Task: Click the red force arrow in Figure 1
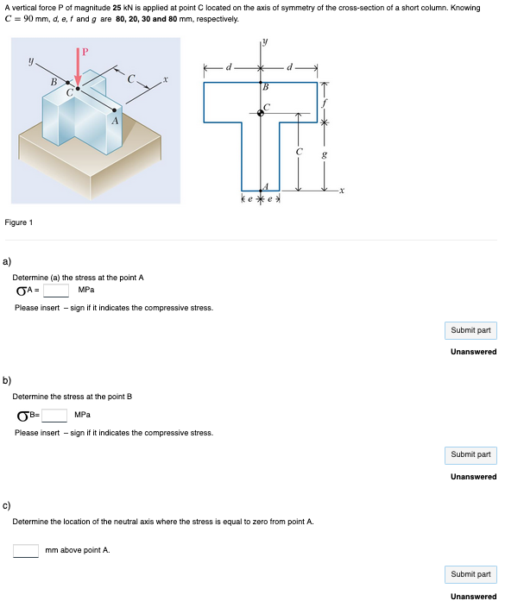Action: click(x=80, y=67)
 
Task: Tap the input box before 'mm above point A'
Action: click(x=25, y=550)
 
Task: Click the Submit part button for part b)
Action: click(x=471, y=454)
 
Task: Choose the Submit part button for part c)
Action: click(x=471, y=574)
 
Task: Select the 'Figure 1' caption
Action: click(x=19, y=222)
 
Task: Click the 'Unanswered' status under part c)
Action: click(x=473, y=596)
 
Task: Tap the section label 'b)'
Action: click(x=8, y=379)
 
